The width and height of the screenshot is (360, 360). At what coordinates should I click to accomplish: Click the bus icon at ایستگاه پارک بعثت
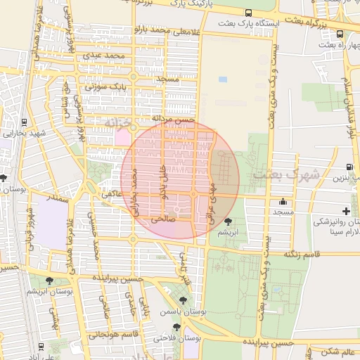(x=248, y=13)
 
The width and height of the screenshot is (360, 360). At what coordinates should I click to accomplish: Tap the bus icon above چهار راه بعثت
(x=340, y=33)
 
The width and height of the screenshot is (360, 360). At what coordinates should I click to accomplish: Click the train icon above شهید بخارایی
(x=25, y=122)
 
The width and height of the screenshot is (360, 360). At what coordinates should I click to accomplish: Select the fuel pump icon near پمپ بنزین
(x=350, y=167)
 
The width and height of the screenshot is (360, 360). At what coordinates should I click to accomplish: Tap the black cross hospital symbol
(x=346, y=211)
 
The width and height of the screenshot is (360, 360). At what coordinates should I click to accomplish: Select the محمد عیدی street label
(x=104, y=54)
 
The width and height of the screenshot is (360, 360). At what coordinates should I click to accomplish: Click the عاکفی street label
(x=112, y=192)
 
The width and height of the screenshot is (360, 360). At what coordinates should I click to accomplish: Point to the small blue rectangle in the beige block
(x=223, y=79)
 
